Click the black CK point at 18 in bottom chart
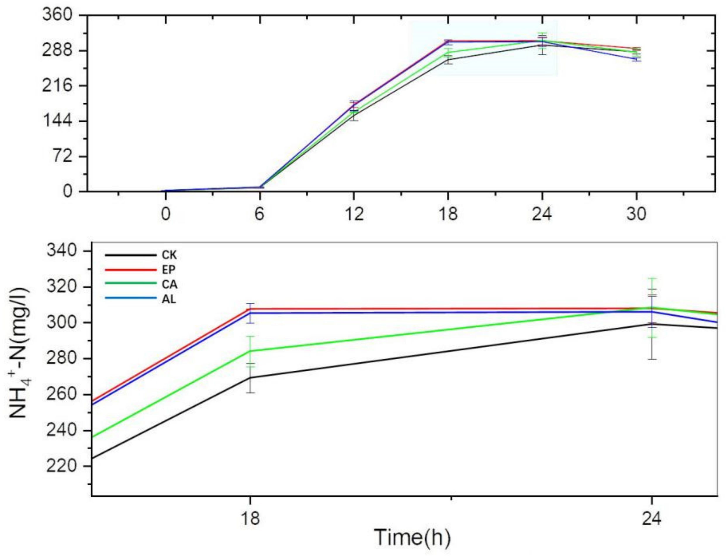pos(250,377)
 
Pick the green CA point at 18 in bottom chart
pos(250,351)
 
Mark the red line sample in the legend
pos(131,270)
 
